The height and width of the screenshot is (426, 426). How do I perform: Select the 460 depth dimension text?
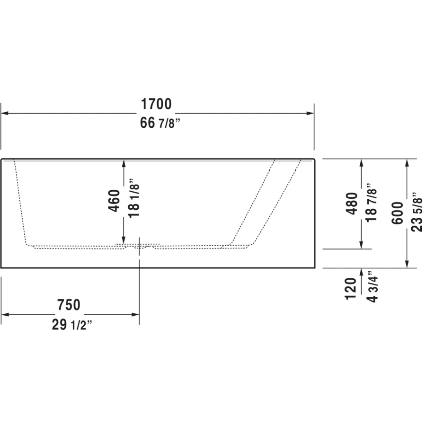pyautogui.click(x=114, y=200)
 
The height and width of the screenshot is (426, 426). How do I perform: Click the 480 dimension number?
pyautogui.click(x=351, y=204)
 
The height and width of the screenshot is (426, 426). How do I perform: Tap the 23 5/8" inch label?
pyautogui.click(x=417, y=212)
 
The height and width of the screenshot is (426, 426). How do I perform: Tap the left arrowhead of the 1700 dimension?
pyautogui.click(x=5, y=114)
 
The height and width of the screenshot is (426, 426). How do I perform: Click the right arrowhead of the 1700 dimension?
pyautogui.click(x=311, y=114)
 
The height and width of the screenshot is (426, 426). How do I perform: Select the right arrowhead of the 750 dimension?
pyautogui.click(x=135, y=314)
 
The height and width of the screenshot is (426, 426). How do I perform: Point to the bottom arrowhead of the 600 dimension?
pyautogui.click(x=407, y=264)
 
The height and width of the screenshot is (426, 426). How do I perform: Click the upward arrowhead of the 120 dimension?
pyautogui.click(x=362, y=272)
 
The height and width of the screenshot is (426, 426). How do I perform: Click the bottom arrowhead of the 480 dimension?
pyautogui.click(x=362, y=244)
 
